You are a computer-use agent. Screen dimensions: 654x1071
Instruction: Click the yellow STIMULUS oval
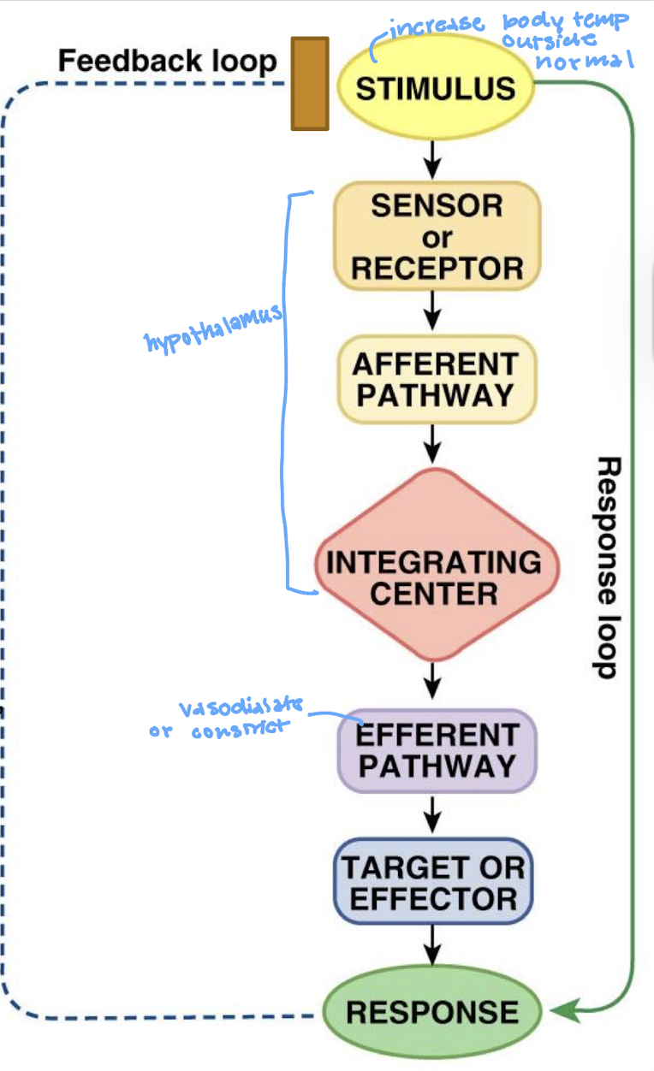coord(436,87)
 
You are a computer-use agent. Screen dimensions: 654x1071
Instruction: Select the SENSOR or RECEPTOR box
coord(437,236)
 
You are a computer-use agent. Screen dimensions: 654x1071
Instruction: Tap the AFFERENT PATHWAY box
coord(437,380)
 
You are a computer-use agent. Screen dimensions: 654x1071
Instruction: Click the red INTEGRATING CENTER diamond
coord(437,565)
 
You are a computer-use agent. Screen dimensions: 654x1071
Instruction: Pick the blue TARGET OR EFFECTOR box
coord(433,881)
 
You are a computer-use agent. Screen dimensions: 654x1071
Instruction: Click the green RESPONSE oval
coord(432,1011)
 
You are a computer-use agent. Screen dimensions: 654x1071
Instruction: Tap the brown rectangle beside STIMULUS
coord(310,83)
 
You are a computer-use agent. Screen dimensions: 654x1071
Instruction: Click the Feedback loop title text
coord(168,61)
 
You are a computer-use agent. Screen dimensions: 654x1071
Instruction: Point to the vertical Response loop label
coord(607,567)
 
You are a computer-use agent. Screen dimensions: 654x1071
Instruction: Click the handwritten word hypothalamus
coord(213,328)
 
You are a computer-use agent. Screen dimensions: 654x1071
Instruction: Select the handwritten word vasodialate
coord(241,706)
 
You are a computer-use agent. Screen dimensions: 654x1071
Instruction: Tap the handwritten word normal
coord(585,60)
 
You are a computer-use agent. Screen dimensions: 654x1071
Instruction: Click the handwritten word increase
coord(437,26)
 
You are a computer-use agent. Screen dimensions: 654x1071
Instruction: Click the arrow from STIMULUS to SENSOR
coord(433,160)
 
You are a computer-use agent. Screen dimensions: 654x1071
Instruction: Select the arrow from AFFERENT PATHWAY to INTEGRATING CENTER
coord(433,444)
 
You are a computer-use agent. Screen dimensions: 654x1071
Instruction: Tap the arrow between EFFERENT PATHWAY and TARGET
coord(433,814)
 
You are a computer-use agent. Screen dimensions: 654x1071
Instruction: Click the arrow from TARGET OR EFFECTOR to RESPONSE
coord(433,944)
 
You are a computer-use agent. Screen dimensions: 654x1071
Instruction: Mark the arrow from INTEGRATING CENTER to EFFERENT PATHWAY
coord(433,681)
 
